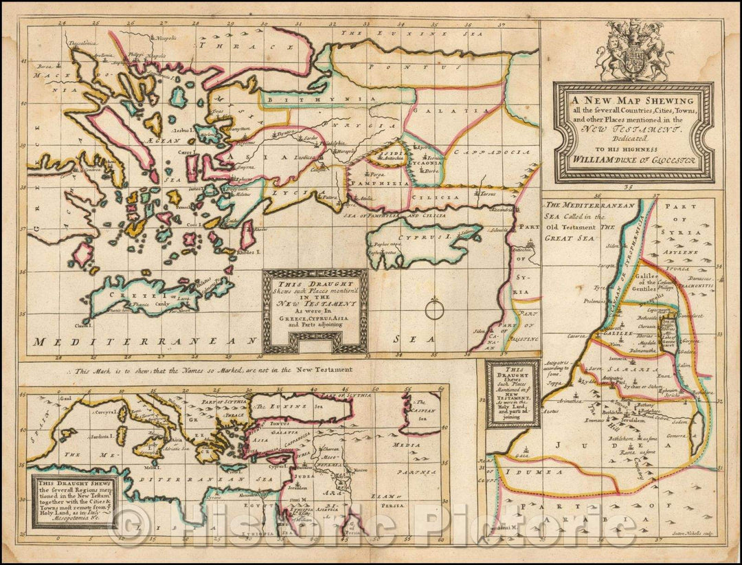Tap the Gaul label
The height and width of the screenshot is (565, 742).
pos(66,398)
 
